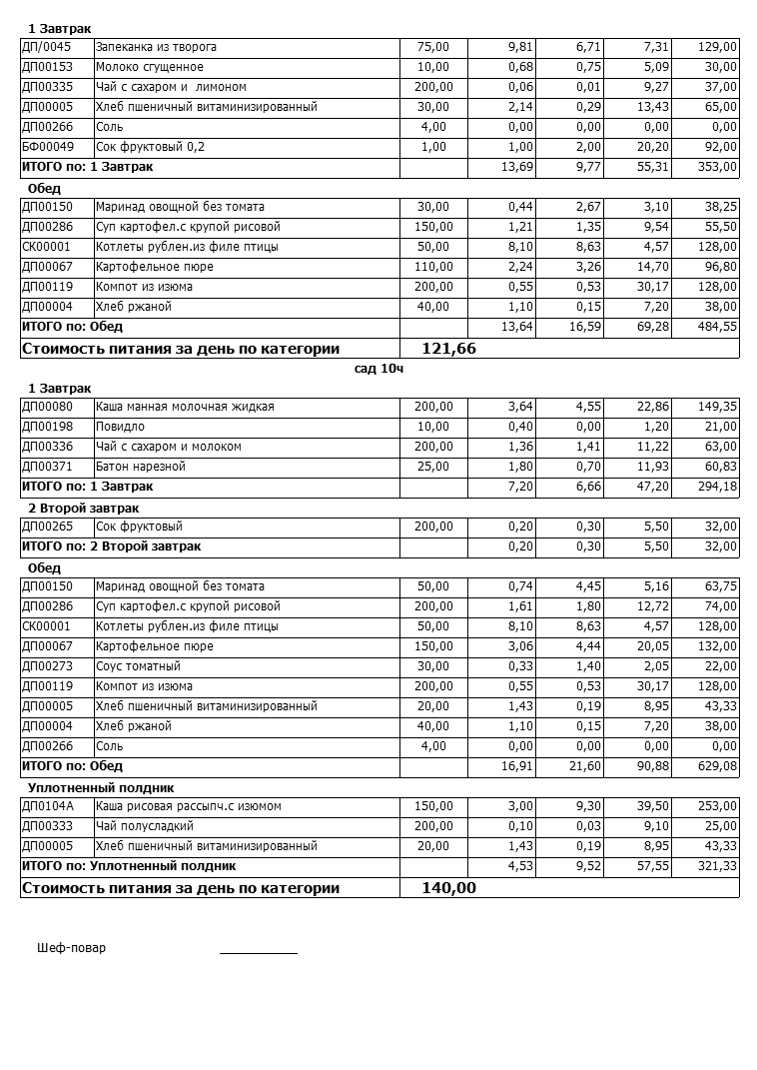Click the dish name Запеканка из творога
coord(156,47)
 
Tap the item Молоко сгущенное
coord(150,67)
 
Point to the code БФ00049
coord(48,147)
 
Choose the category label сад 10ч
coord(378,369)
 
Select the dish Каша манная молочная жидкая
coord(185,407)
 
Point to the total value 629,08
coord(717,766)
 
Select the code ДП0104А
coord(48,806)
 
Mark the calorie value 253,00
coord(717,806)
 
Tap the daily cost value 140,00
coord(449,888)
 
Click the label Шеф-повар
coord(71,948)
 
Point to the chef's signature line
coord(259,953)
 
